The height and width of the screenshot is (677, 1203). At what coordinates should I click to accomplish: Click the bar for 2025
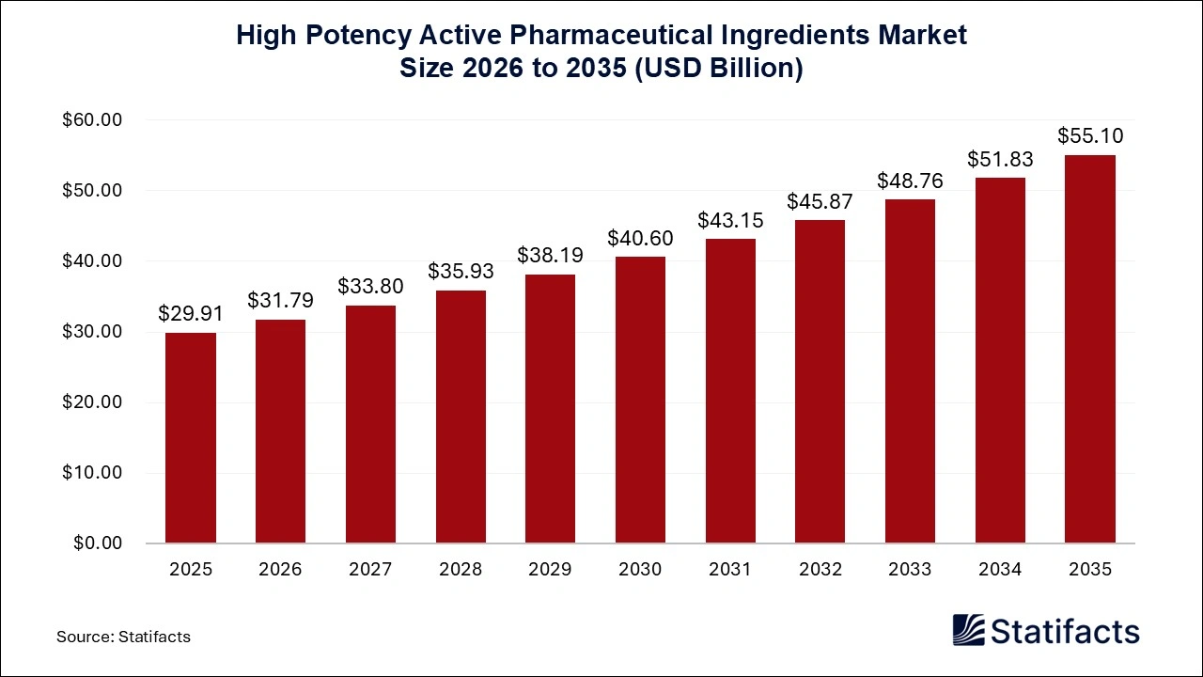pos(191,438)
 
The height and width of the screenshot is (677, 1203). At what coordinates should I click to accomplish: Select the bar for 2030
pos(640,400)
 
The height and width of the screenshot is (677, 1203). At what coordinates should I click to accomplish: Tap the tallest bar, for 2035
pos(1089,349)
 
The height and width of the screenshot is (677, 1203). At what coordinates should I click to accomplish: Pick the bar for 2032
pos(820,382)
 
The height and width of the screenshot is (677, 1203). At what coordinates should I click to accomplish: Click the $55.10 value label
pos(1089,136)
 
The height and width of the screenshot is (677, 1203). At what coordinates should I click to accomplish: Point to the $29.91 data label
pos(191,313)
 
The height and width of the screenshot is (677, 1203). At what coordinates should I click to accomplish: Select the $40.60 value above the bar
pos(640,238)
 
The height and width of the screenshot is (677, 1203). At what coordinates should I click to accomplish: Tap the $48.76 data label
pos(910,181)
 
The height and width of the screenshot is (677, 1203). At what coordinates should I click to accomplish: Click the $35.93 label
pos(461,271)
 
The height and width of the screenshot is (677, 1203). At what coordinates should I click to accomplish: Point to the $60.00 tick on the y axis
pos(92,120)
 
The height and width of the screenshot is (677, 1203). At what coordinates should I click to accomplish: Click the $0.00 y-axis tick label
pos(98,543)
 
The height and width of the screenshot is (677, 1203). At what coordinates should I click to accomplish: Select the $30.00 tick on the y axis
pos(92,332)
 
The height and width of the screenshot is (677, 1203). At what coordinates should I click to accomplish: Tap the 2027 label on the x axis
pos(370,570)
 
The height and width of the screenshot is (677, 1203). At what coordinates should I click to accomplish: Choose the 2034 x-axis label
pos(1000,570)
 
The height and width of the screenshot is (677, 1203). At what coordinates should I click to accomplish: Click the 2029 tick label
pos(550,570)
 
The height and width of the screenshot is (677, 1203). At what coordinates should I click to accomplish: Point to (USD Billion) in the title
pos(719,70)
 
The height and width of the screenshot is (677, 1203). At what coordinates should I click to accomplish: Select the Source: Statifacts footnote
pos(123,637)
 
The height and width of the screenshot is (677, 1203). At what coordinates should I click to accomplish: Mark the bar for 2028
pos(461,417)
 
